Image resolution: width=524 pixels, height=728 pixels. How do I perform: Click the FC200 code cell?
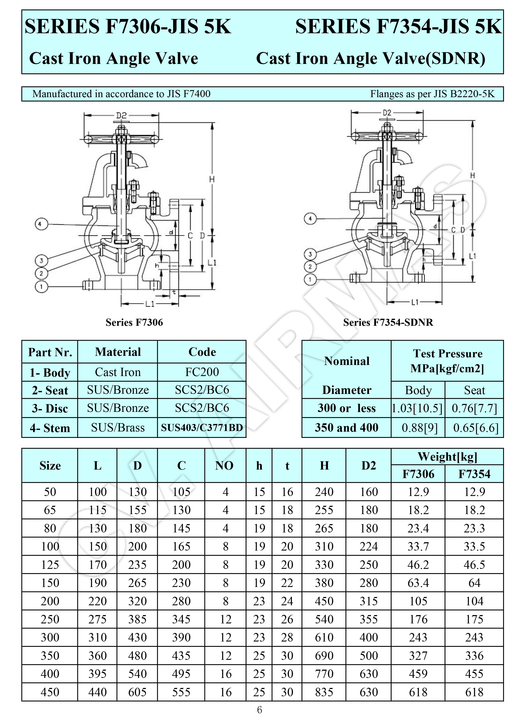[202, 372]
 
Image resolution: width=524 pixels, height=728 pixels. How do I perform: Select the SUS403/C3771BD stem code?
[202, 428]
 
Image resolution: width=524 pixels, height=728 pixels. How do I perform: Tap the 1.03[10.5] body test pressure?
[417, 408]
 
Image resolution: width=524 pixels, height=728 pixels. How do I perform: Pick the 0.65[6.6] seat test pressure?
[475, 428]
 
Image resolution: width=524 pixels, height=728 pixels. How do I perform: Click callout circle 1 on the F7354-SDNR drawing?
[310, 279]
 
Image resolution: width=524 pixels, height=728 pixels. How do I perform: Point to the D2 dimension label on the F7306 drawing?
[121, 115]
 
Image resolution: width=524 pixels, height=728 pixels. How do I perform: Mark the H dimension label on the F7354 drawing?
[472, 176]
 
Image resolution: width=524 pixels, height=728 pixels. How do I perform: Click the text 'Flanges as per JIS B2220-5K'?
[432, 94]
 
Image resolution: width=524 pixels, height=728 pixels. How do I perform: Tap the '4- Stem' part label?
[50, 428]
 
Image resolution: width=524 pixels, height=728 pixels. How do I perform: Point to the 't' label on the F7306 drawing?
[174, 292]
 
